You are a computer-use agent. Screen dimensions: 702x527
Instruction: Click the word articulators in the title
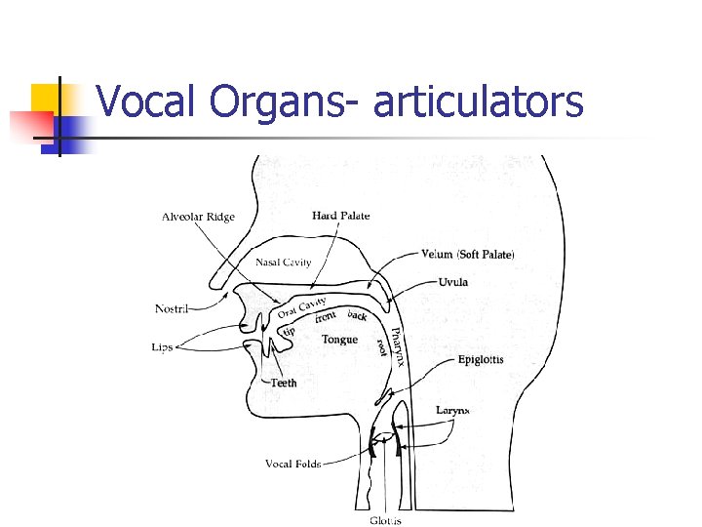pos(478,102)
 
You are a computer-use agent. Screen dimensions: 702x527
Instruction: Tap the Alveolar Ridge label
pos(198,217)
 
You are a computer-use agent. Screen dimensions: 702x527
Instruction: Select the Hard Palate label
pos(341,216)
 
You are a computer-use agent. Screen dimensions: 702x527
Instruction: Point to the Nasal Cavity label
pos(284,262)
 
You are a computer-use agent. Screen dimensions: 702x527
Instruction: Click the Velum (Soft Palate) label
pos(467,255)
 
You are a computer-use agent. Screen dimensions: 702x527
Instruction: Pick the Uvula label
pos(452,282)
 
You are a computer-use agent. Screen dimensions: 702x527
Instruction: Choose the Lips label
pos(163,346)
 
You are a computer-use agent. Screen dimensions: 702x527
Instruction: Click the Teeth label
pos(284,383)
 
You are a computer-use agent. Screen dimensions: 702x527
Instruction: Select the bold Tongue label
pos(339,340)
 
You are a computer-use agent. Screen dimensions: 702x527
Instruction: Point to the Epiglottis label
pos(481,360)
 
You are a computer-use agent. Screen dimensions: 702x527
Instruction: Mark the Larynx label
pos(452,411)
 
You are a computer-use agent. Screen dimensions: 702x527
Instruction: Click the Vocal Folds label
pos(293,464)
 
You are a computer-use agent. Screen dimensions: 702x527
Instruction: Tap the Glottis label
pos(385,520)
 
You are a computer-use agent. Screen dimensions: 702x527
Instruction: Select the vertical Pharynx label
pos(396,347)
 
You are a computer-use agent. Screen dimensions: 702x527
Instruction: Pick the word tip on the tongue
pos(289,330)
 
